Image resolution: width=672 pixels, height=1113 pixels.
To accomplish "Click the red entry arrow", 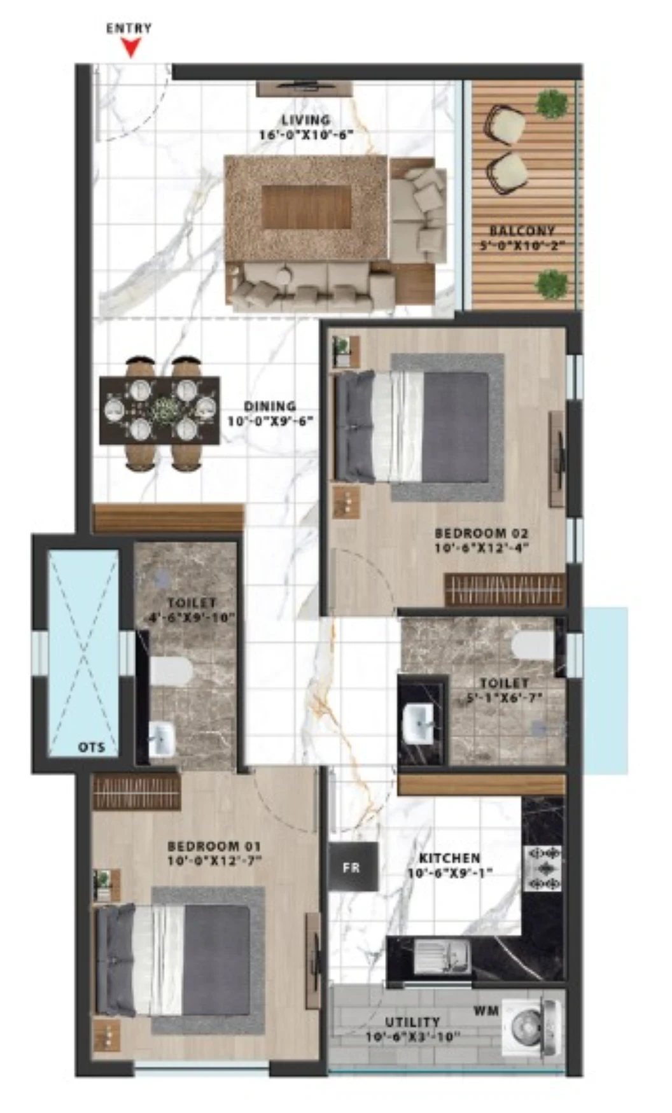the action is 132,48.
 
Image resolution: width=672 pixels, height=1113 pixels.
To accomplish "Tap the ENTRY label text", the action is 129,28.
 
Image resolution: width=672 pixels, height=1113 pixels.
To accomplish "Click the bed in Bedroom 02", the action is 412,426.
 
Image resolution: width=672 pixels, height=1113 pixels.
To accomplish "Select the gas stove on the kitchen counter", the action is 543,868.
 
